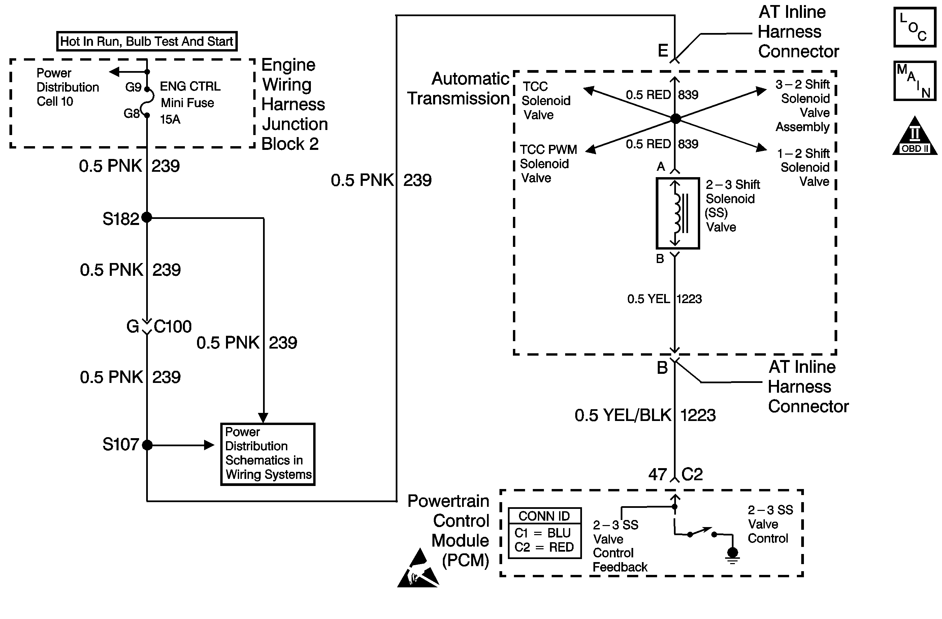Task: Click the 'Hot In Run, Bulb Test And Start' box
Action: click(x=147, y=41)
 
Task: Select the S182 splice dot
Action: click(x=147, y=217)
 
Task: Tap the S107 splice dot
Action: click(x=147, y=445)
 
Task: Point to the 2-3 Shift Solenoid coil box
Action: click(x=678, y=213)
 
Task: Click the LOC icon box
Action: click(x=914, y=27)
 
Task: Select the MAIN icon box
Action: click(x=914, y=81)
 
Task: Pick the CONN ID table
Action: click(x=545, y=533)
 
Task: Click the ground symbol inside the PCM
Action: click(x=733, y=554)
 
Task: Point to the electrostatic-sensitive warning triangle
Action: click(x=418, y=569)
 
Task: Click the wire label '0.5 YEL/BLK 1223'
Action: click(x=645, y=415)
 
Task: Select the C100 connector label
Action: click(x=172, y=327)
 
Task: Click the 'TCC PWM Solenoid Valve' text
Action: click(x=548, y=163)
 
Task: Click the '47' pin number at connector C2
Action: click(x=657, y=474)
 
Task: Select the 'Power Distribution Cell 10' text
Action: click(x=67, y=87)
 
